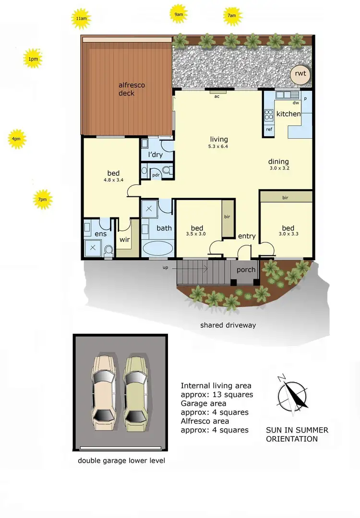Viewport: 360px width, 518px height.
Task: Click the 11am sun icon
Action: [81, 19]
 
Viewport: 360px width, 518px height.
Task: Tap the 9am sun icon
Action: [179, 15]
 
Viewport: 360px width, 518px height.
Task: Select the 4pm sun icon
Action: [16, 139]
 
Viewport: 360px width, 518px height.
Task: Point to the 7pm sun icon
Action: [42, 199]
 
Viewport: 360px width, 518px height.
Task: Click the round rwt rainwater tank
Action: [300, 74]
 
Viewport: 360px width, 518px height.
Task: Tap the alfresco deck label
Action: [132, 89]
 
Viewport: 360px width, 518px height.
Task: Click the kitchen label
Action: [288, 114]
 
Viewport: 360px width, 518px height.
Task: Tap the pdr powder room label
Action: [156, 175]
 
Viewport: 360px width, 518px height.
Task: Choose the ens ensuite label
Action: [100, 234]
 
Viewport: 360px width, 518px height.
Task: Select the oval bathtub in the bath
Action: [158, 249]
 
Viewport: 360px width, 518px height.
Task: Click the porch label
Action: [246, 270]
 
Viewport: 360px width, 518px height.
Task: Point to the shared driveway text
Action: [228, 325]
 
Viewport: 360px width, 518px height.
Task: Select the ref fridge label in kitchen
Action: [269, 129]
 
